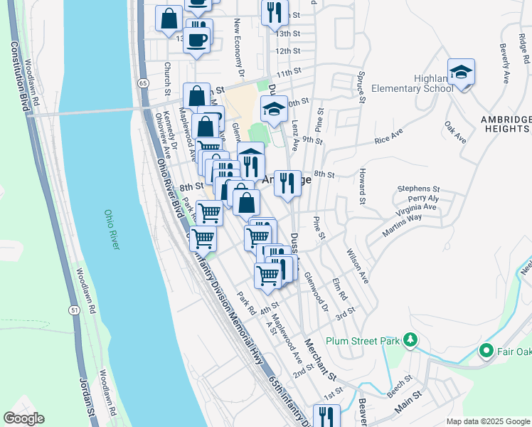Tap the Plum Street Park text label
tap(362, 341)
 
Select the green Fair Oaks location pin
tap(486, 350)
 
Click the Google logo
tap(23, 418)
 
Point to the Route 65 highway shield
tap(143, 83)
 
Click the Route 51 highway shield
tap(74, 310)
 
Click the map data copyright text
tap(487, 421)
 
